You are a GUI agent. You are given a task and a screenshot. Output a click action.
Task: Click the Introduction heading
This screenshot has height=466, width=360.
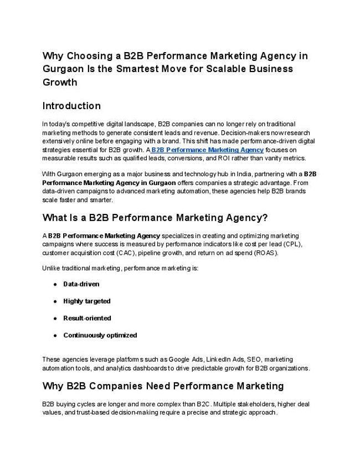[x=71, y=106]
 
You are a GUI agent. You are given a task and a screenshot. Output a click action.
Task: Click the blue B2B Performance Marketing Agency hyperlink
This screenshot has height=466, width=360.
[x=207, y=150]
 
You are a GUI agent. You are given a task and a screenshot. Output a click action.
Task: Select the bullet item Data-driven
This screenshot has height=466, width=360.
[x=81, y=284]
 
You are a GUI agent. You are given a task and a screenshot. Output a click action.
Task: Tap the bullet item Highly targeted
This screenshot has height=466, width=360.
[x=87, y=301]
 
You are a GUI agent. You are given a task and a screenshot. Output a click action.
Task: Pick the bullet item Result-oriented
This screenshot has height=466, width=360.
[x=87, y=318]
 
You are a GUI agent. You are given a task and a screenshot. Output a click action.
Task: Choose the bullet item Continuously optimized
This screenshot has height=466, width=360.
[x=100, y=335]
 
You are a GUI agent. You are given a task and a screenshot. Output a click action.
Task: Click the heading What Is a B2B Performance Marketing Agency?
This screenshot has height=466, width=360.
[x=155, y=217]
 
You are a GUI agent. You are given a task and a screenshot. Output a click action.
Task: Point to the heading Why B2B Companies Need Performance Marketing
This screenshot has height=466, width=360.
[x=163, y=386]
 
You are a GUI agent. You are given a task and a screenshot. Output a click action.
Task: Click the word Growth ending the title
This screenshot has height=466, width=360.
[x=59, y=83]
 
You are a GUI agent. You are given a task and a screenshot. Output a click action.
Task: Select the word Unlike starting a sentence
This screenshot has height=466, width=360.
[x=51, y=268]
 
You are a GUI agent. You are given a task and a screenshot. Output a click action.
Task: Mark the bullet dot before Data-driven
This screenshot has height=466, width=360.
[x=56, y=284]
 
